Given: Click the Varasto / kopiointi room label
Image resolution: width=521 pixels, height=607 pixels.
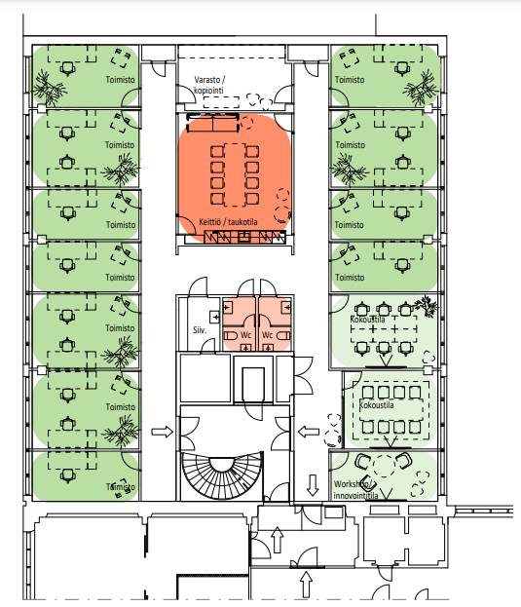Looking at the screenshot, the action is pyautogui.click(x=209, y=85).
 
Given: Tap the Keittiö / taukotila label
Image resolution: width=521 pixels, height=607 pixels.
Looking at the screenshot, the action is pyautogui.click(x=228, y=222).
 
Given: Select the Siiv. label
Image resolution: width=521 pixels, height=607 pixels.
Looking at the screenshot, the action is pyautogui.click(x=200, y=330).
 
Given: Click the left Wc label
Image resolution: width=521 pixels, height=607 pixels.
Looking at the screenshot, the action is pyautogui.click(x=246, y=335).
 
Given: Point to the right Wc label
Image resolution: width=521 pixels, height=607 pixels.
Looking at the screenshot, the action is pyautogui.click(x=267, y=335).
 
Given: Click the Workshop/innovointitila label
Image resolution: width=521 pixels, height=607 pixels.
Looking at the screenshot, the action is pyautogui.click(x=355, y=490).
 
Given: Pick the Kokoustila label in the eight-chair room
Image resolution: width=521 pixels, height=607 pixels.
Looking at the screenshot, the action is pyautogui.click(x=376, y=405).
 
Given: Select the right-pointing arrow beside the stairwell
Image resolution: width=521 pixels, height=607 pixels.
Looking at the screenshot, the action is pyautogui.click(x=162, y=432).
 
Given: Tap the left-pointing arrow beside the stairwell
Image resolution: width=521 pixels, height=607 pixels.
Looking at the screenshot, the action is pyautogui.click(x=309, y=432).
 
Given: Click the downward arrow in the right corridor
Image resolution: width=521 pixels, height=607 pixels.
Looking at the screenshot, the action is pyautogui.click(x=313, y=485).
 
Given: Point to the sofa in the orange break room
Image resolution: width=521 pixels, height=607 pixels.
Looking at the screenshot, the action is pyautogui.click(x=212, y=123).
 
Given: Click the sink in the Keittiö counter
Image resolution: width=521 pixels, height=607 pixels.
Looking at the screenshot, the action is pyautogui.click(x=244, y=237).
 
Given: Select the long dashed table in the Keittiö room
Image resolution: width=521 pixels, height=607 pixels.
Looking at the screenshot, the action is pyautogui.click(x=235, y=174).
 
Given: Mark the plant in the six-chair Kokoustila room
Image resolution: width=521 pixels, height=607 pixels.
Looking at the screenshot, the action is pyautogui.click(x=427, y=305).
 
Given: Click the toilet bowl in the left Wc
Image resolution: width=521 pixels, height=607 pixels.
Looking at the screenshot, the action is pyautogui.click(x=231, y=335).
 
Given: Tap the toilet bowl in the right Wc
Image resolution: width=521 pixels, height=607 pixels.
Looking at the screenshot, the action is pyautogui.click(x=283, y=335).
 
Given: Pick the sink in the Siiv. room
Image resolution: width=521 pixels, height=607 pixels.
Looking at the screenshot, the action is pyautogui.click(x=214, y=317).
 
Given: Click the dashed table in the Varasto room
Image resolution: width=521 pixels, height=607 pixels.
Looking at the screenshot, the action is pyautogui.click(x=221, y=102).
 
